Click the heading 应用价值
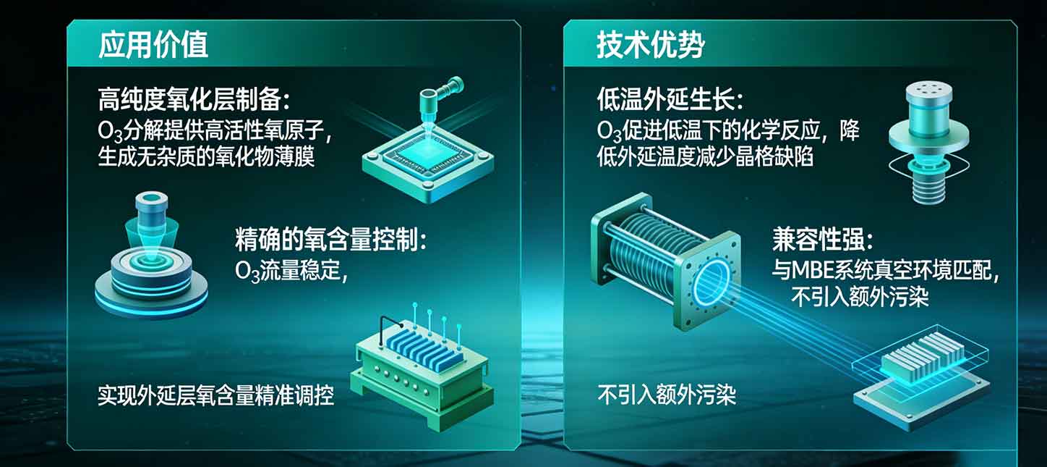point(153,45)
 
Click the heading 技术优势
point(650,45)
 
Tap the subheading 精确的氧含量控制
point(330,239)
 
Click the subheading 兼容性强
point(823,240)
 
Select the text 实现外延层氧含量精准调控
point(215,396)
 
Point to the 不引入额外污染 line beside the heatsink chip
point(666,395)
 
